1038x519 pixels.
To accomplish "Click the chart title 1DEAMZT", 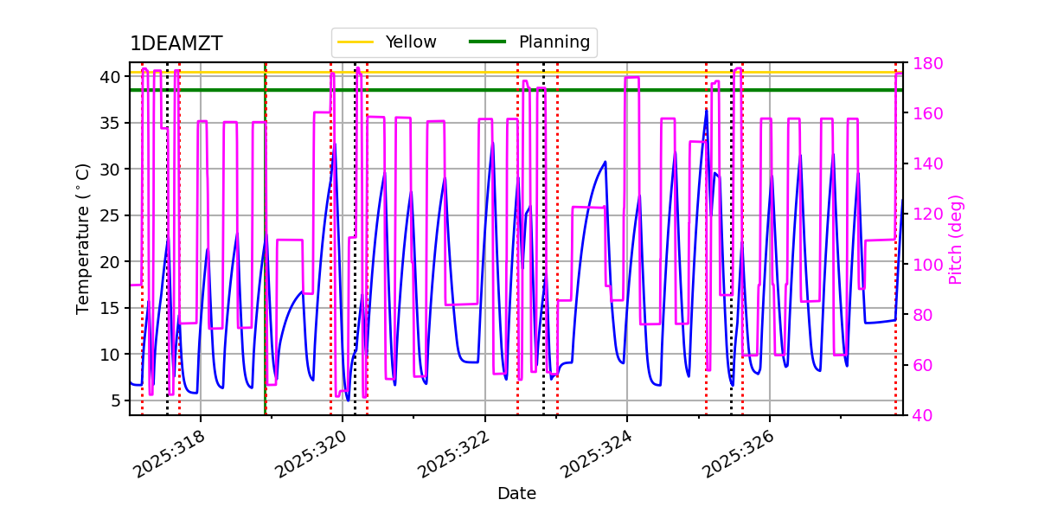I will coord(176,44).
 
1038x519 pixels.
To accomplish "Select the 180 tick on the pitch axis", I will coord(926,63).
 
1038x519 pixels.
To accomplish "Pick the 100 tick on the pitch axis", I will coord(926,265).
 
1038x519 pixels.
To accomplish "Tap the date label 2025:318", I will coord(170,454).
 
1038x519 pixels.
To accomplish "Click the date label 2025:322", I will coord(455,454).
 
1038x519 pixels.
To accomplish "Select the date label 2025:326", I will coord(740,454).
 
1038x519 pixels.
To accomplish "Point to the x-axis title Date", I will coord(516,494).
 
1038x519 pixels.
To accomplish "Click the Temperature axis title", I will coord(83,238).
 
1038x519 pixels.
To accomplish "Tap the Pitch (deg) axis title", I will coord(956,239).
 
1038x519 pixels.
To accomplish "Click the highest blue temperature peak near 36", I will coord(707,110).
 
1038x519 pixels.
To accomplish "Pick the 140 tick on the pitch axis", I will coord(926,163).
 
